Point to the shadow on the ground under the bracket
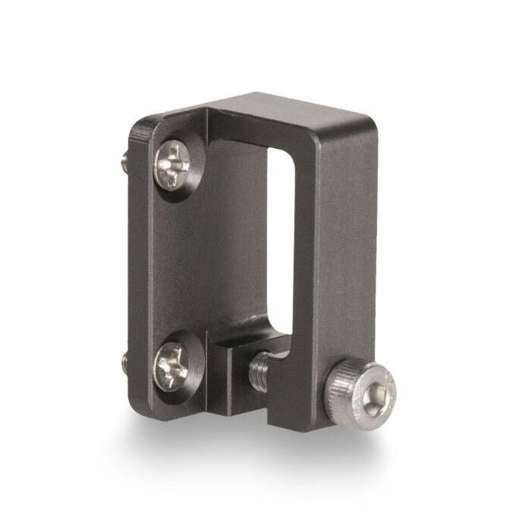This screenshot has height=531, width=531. click(250, 448)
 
